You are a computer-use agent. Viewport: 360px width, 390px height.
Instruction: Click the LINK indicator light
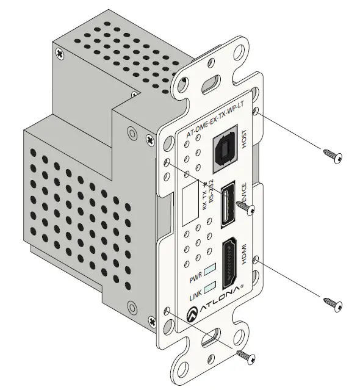(x=209, y=287)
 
